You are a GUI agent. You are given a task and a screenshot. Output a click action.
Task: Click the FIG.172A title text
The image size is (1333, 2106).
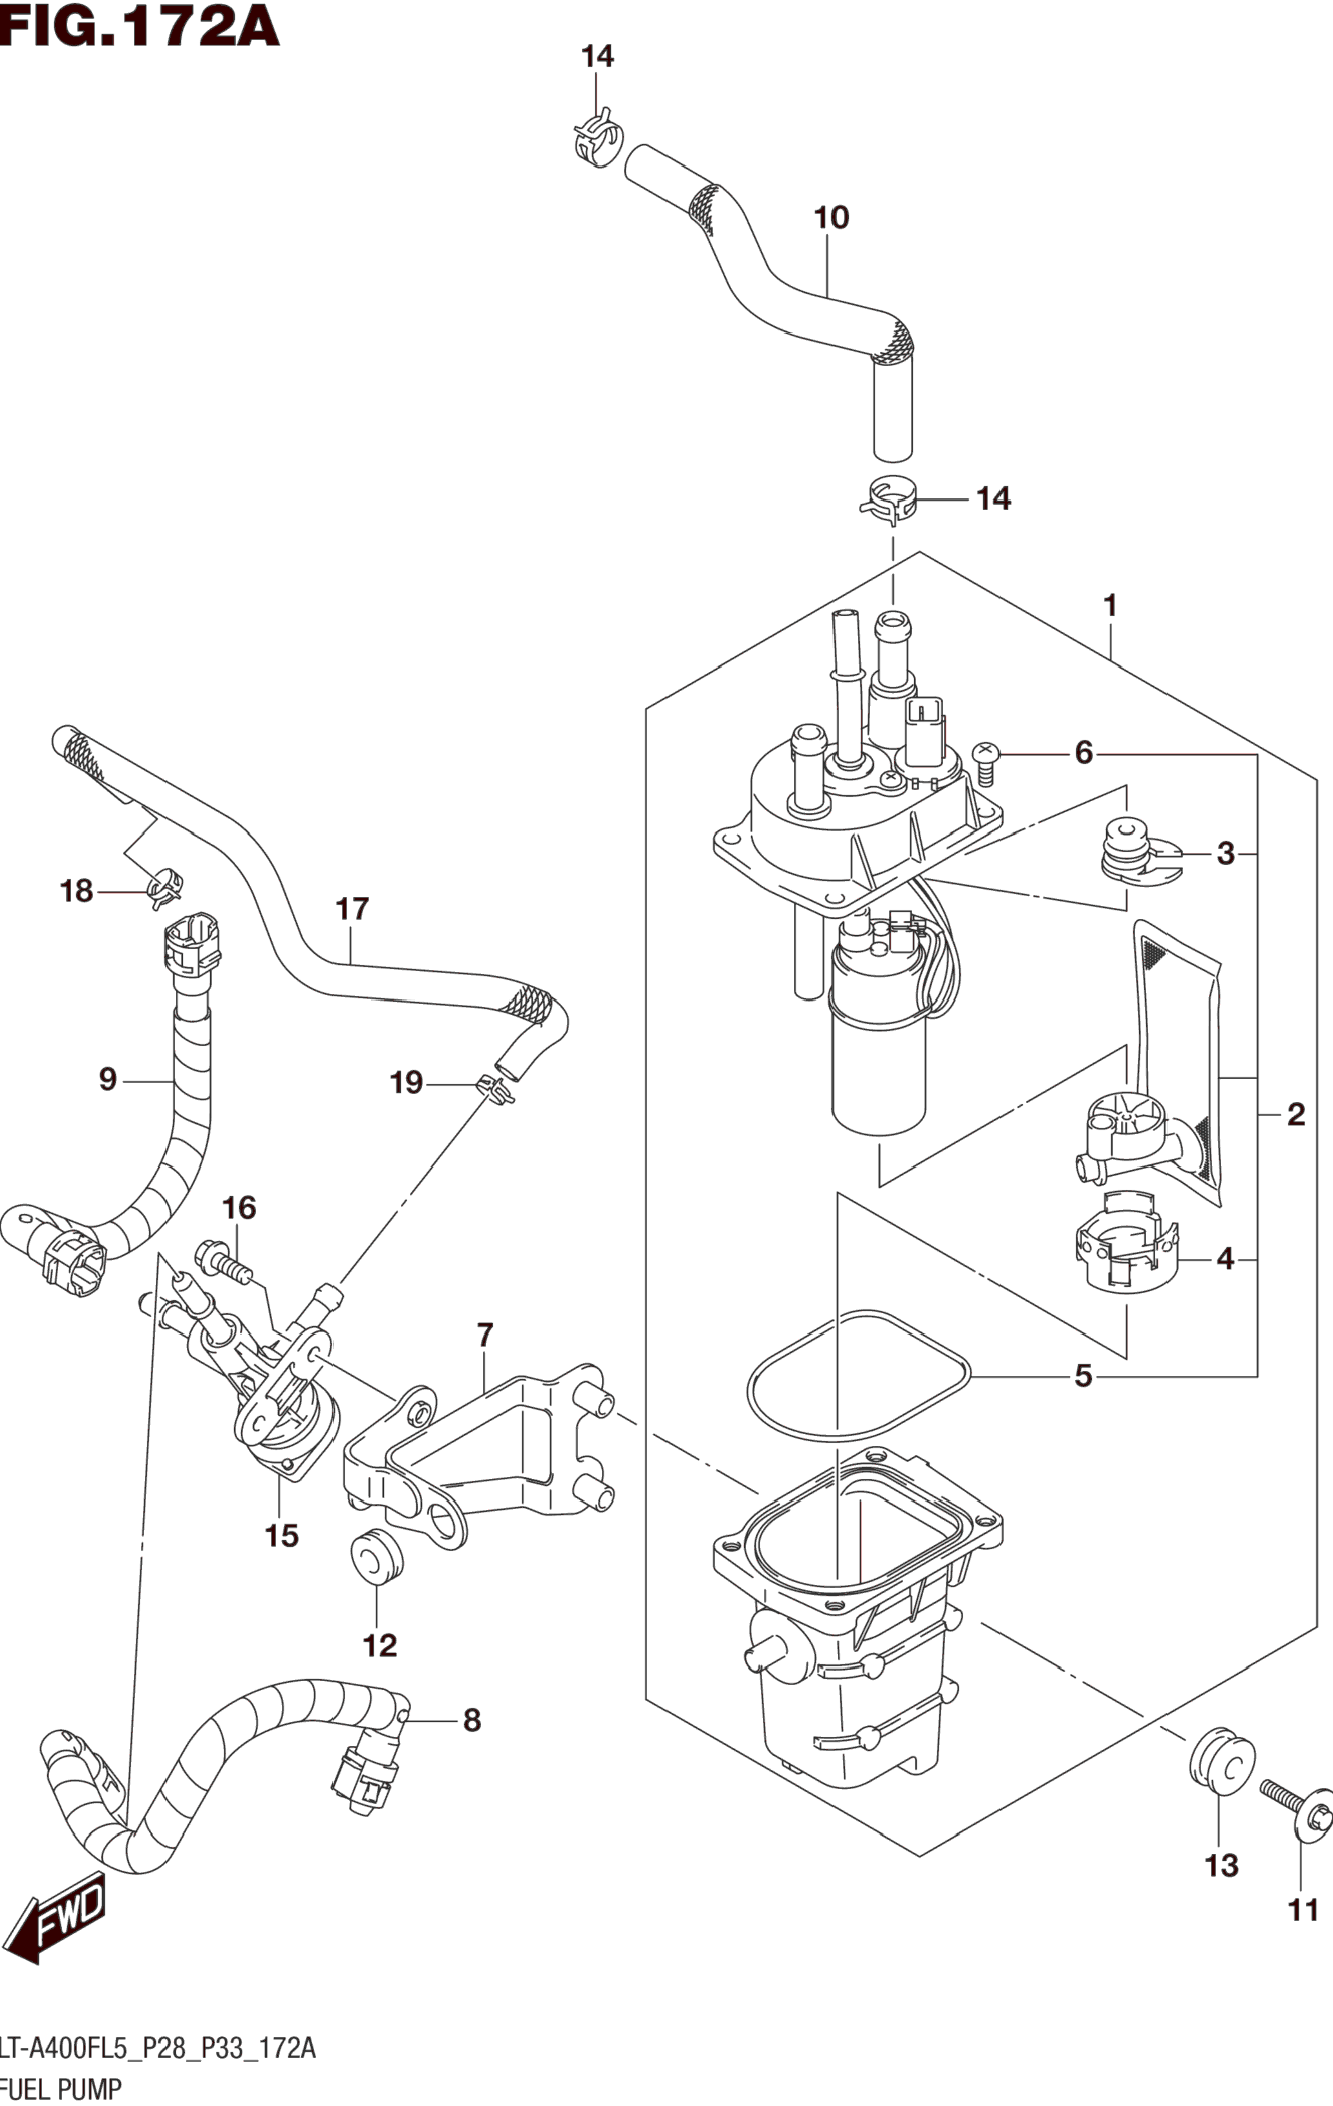coord(140,27)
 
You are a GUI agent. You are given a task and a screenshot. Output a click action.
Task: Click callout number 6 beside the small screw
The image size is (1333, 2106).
coord(1083,752)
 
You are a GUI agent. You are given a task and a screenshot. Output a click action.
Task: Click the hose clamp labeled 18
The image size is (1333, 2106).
coord(164,887)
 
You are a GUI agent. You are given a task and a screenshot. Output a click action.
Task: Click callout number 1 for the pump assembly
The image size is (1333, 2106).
coord(1110,605)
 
